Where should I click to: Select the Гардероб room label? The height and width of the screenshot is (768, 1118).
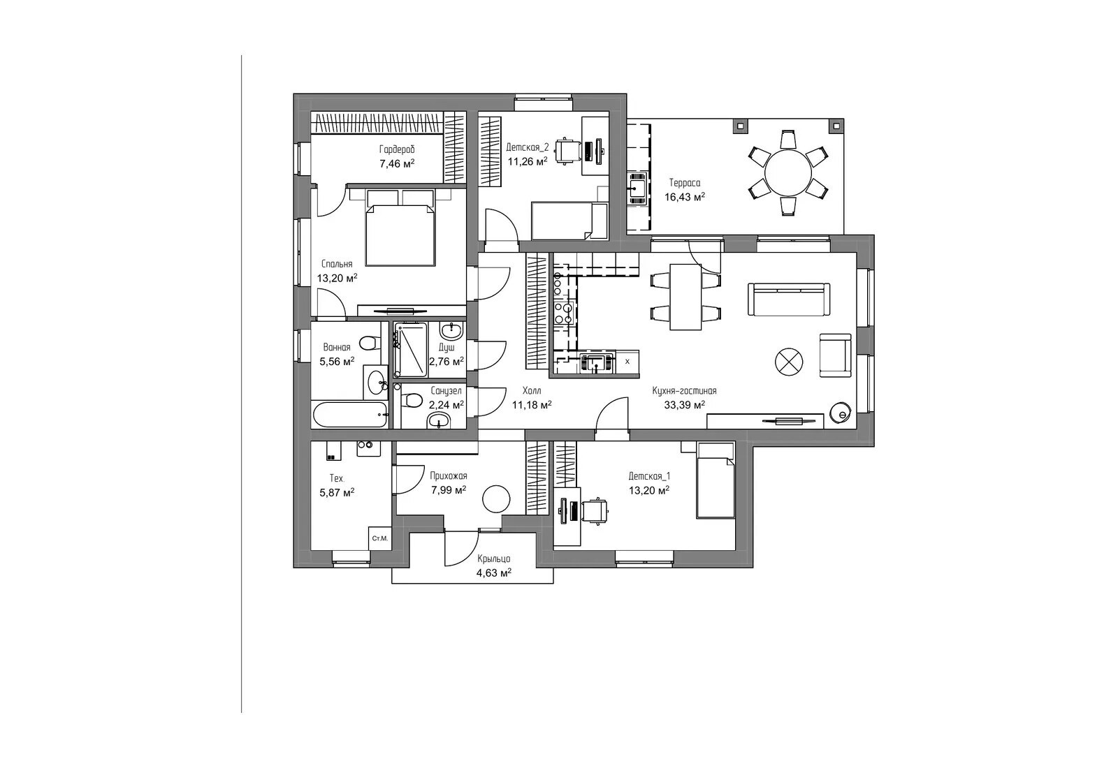397,149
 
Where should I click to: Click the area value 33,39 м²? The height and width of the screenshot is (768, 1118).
684,405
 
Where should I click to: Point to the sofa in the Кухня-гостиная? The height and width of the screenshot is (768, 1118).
789,300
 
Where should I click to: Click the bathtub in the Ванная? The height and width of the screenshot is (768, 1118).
349,415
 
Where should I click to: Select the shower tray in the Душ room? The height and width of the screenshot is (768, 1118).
410,350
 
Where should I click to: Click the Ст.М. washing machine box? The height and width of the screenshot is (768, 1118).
380,538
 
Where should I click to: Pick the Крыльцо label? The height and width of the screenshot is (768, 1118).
493,559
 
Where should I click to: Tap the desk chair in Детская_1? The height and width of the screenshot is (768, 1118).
595,511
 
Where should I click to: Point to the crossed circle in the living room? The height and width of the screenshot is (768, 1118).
789,362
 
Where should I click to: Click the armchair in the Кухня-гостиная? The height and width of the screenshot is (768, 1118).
835,355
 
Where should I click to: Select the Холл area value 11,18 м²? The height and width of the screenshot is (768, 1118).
532,405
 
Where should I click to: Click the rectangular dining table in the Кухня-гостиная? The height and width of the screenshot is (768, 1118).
685,297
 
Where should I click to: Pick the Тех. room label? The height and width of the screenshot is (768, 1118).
337,479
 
